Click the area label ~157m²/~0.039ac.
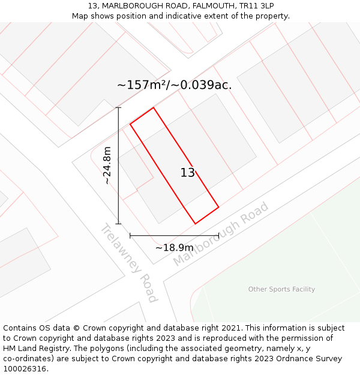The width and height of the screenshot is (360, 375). pos(174,85)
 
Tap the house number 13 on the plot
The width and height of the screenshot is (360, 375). pos(187,173)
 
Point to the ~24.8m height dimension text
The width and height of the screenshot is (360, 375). pos(107,166)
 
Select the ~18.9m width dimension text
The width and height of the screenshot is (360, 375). pos(174,248)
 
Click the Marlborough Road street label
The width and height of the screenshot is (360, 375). pos(221,235)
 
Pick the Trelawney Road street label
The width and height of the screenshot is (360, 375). pos(129,263)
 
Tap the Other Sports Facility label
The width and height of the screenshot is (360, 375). pos(281,289)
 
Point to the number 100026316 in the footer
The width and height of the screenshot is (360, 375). pos(25,369)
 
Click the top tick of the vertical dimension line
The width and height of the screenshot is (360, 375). pos(118,107)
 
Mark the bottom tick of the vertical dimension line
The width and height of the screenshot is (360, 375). pos(118,224)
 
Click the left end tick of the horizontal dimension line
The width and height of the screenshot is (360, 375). pos(130,236)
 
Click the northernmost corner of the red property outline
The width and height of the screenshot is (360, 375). pos(154,108)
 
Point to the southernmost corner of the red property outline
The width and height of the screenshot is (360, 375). pos(195,224)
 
